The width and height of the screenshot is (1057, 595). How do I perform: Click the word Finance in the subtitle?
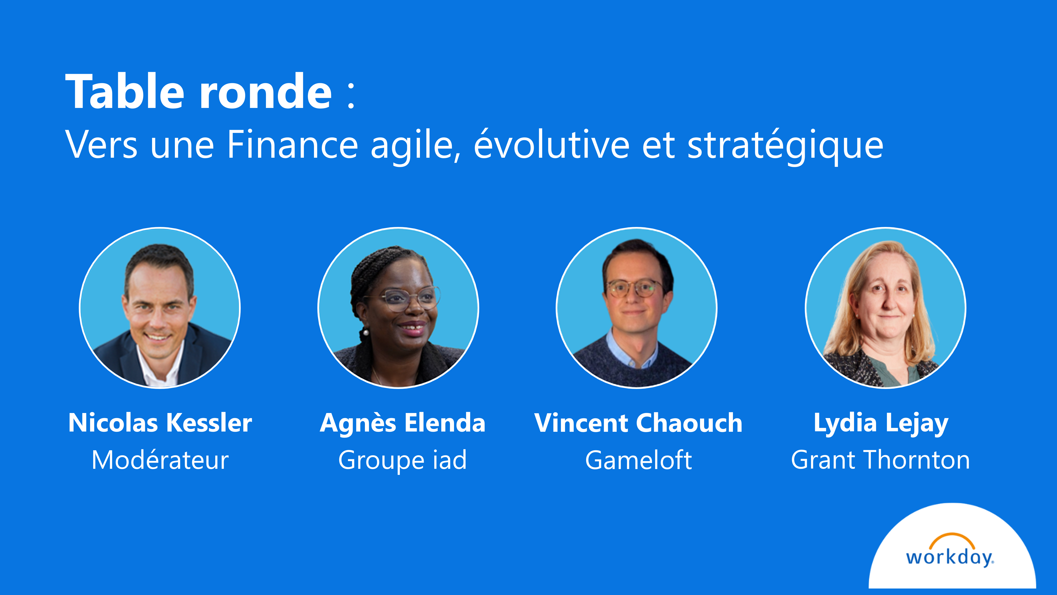(293, 144)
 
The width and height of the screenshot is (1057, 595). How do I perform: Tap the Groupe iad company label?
(403, 460)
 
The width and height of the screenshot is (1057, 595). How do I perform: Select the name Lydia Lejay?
(881, 423)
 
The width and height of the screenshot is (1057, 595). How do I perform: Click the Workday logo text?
(949, 558)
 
